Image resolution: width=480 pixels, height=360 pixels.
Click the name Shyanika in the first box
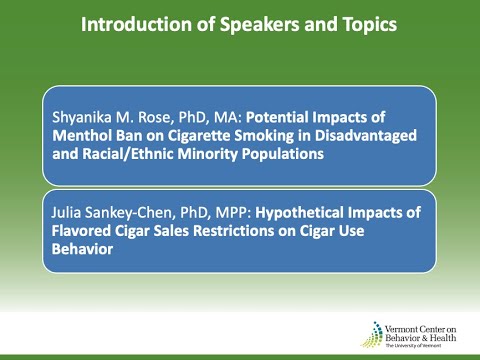[85, 117]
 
